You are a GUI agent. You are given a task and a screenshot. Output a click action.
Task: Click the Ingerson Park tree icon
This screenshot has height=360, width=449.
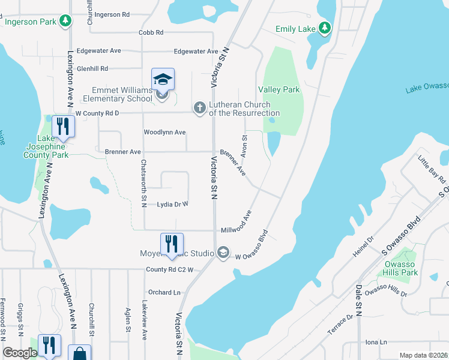click(65, 22)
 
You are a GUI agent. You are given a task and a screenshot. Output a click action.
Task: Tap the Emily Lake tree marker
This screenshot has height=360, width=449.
click(325, 28)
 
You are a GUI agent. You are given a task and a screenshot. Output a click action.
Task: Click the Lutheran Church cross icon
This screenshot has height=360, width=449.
click(200, 108)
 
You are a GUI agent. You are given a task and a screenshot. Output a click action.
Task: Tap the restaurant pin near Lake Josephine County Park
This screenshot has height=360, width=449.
click(62, 127)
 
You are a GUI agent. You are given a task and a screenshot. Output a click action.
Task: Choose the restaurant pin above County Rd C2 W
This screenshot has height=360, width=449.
click(172, 244)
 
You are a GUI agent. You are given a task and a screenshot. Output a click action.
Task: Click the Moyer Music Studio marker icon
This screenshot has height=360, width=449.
click(223, 253)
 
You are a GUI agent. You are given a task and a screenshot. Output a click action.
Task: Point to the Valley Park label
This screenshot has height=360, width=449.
click(279, 89)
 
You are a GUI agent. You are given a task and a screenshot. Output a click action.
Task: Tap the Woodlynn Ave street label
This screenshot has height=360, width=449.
click(164, 132)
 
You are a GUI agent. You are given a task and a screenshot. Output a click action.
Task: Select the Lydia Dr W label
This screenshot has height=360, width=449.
click(172, 205)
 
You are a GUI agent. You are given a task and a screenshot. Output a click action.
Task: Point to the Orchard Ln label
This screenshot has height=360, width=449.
click(164, 293)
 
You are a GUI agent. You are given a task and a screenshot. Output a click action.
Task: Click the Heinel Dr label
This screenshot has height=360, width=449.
click(364, 248)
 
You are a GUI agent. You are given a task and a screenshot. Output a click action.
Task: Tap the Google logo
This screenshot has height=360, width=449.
click(20, 353)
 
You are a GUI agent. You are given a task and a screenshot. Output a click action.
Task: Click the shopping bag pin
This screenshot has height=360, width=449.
click(80, 354)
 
